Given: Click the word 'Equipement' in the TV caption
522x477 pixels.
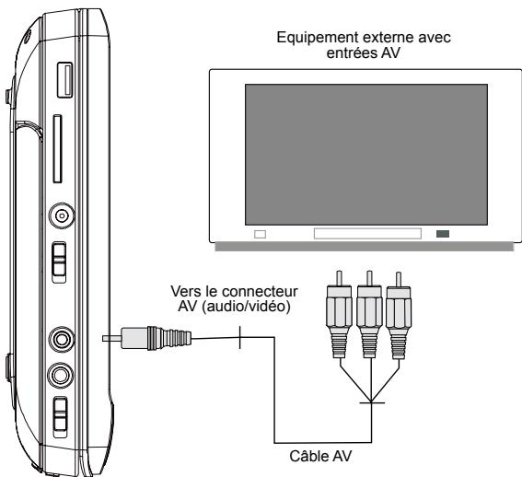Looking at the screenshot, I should [312, 39].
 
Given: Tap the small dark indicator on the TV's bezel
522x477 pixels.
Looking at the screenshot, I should [444, 234].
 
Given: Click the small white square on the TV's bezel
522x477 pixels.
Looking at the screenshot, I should [260, 234].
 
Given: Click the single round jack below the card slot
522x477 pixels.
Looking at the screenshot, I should [62, 215].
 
